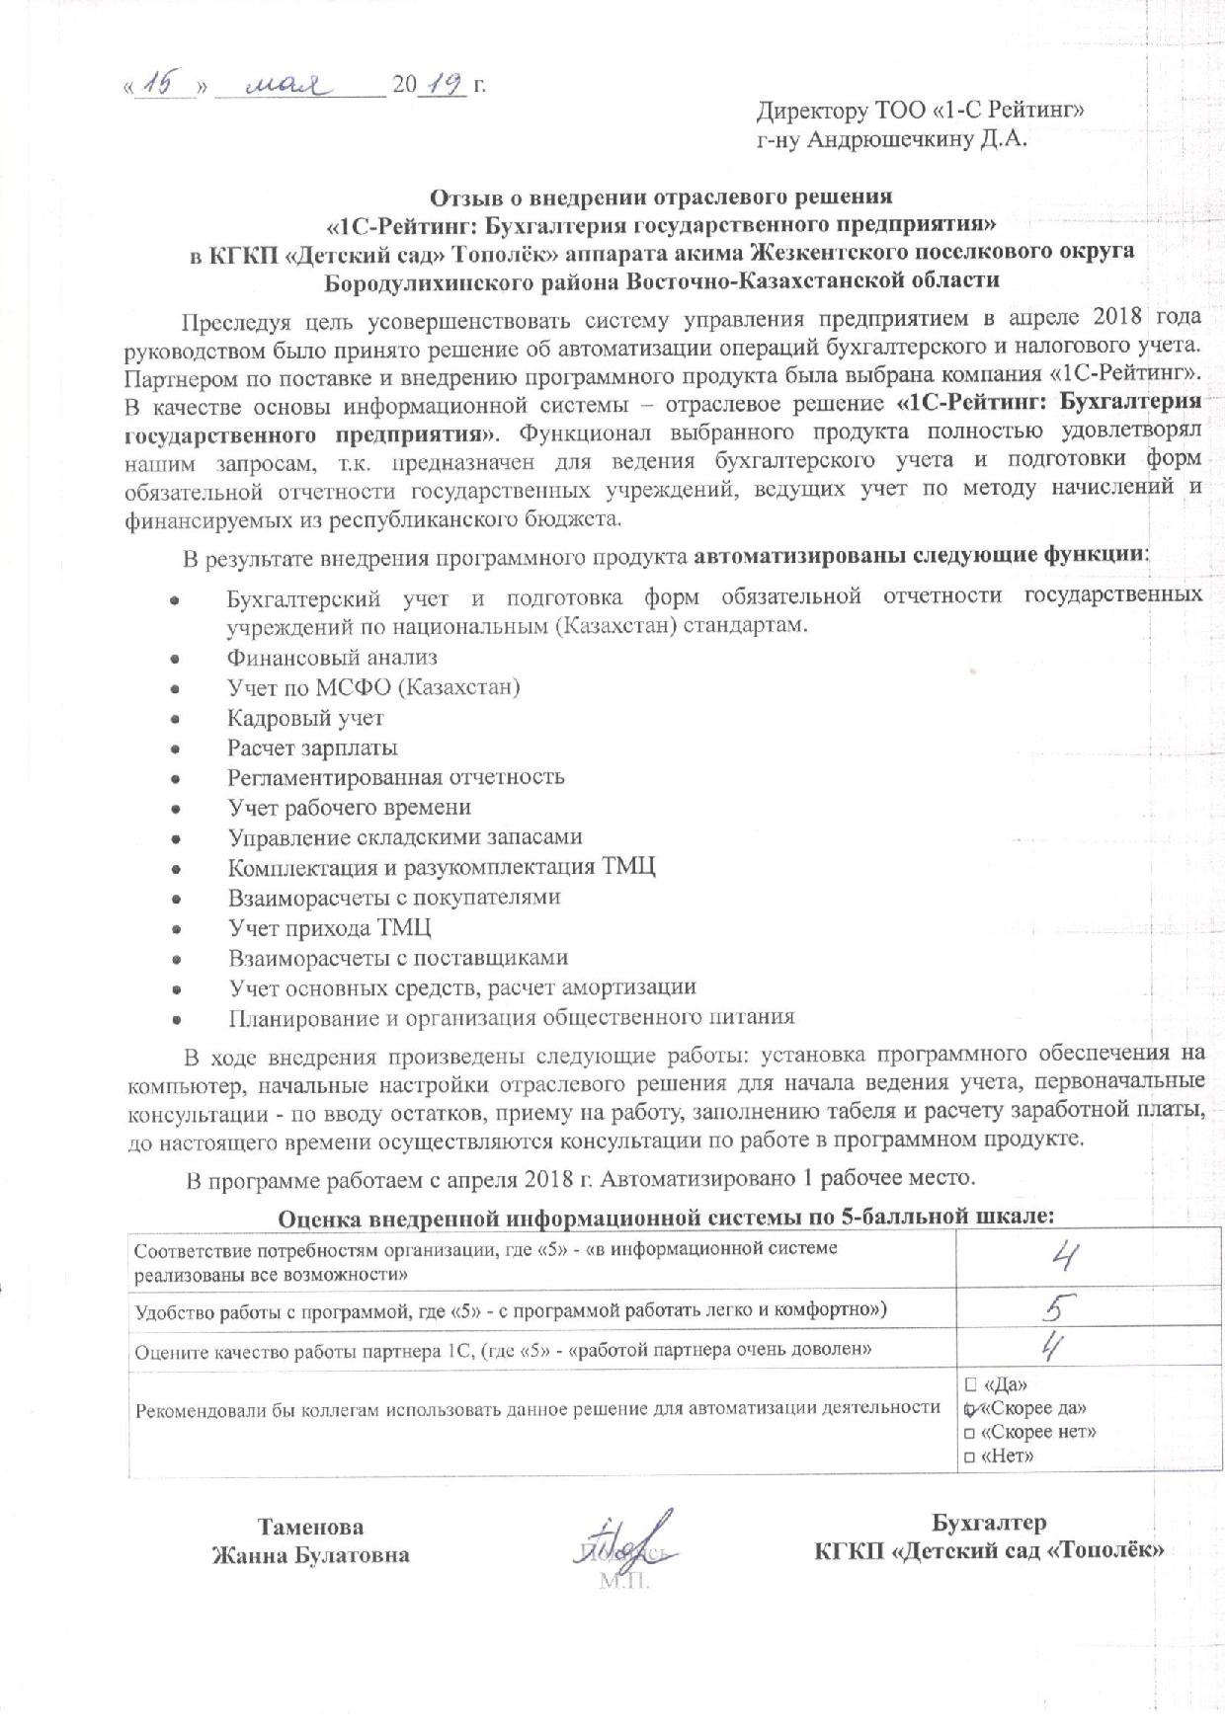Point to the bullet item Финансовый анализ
click(332, 657)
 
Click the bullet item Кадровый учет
click(305, 718)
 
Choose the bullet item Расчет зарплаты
click(312, 748)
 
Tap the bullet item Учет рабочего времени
click(349, 808)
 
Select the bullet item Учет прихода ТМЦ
click(329, 928)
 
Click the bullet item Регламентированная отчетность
click(395, 777)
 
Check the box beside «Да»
click(970, 1384)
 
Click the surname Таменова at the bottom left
click(310, 1527)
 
